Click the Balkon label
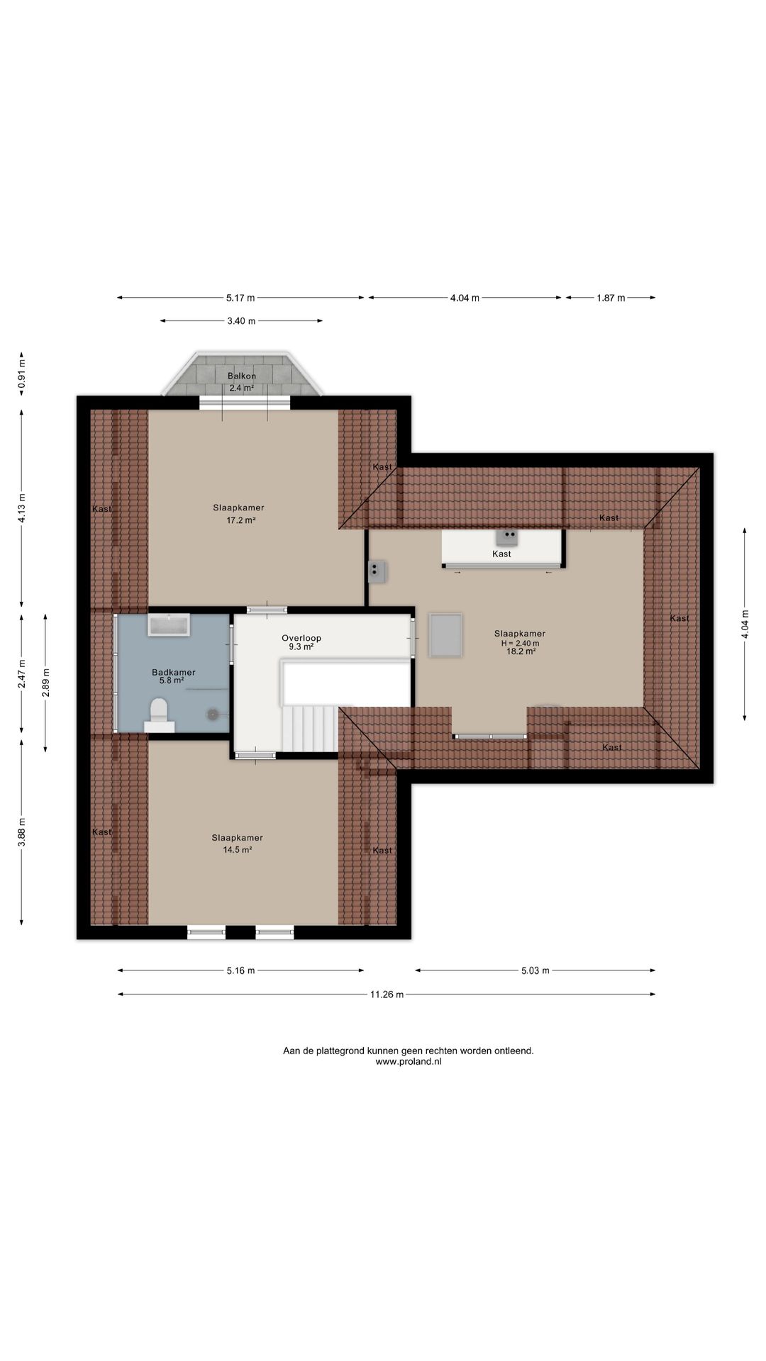pos(242,376)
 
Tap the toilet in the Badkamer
pos(159,715)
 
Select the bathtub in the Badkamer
pos(169,625)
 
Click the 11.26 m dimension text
pos(387,995)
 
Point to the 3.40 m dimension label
pos(241,321)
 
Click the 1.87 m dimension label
pos(611,298)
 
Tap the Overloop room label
pos(301,638)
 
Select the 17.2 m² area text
pos(241,520)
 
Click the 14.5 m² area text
pos(238,849)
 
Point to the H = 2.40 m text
pos(520,643)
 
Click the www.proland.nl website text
pos(409,1062)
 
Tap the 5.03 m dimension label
pos(535,970)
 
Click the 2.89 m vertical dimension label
pos(45,683)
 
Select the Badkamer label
pos(174,672)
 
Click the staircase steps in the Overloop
pos(310,728)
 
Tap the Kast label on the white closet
pos(501,554)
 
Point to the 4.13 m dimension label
pos(21,508)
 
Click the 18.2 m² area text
pos(521,651)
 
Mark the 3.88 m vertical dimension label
pos(21,832)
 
